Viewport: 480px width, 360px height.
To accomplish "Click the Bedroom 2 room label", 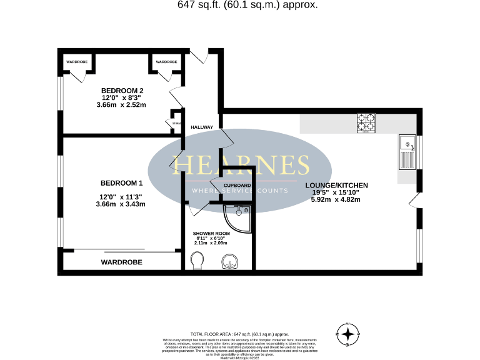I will pos(122,91).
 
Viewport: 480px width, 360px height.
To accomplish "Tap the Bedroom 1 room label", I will pos(122,183).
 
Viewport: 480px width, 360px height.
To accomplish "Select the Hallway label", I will pos(202,127).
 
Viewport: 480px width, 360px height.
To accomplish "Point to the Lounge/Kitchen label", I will pos(336,186).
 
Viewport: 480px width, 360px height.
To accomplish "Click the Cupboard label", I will pos(237,186).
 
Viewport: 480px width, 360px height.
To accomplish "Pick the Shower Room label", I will pos(211,233).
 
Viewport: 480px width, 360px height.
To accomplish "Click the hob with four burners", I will pos(366,122).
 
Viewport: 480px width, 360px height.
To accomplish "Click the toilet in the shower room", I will pos(197,260).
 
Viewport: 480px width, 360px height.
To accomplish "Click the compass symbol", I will pos(347,334).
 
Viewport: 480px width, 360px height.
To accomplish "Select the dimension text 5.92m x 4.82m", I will pos(336,200).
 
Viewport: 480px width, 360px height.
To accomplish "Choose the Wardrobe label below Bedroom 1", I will pos(121,262).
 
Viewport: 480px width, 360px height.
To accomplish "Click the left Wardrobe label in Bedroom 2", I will pos(77,62).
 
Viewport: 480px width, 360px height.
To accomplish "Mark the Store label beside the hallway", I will pos(176,123).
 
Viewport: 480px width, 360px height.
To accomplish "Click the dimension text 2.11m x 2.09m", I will pos(211,242).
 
